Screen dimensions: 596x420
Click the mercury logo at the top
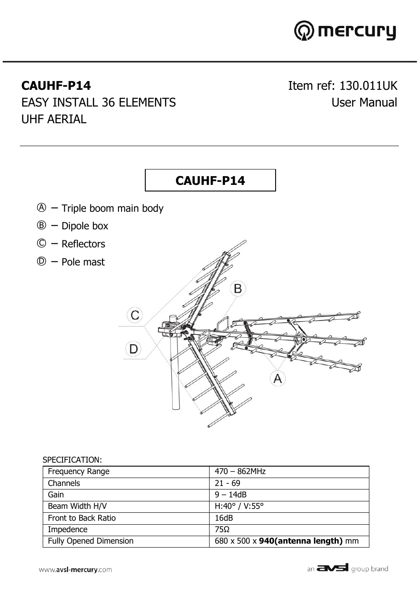(345, 31)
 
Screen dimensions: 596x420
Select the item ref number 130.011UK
(368, 85)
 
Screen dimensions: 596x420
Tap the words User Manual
(364, 103)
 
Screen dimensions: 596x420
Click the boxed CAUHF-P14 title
(210, 180)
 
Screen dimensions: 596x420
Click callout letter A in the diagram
(277, 379)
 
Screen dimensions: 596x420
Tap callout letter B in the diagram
(238, 289)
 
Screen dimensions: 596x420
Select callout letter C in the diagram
(135, 315)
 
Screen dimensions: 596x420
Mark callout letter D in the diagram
(133, 349)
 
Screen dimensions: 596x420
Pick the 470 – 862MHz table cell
(240, 471)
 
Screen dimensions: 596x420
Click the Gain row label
(56, 495)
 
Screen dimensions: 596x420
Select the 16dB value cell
(224, 518)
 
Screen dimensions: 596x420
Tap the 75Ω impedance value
(222, 530)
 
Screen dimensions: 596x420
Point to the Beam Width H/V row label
(77, 506)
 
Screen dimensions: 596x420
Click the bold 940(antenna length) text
(301, 541)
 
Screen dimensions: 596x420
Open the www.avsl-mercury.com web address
(75, 570)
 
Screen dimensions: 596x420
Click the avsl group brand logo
(347, 568)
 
